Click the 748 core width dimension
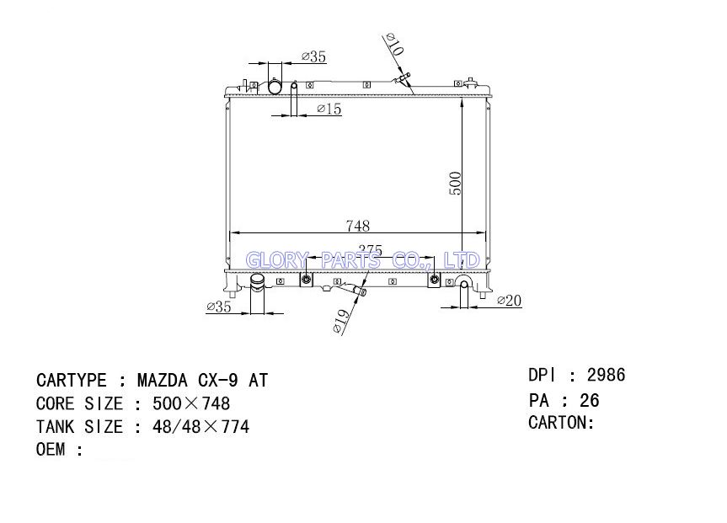coord(357,226)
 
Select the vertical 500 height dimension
coord(455,183)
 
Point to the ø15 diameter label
coord(329,109)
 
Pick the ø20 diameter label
coord(509,301)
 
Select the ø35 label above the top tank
coord(313,56)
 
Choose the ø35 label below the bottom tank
coord(218,307)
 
